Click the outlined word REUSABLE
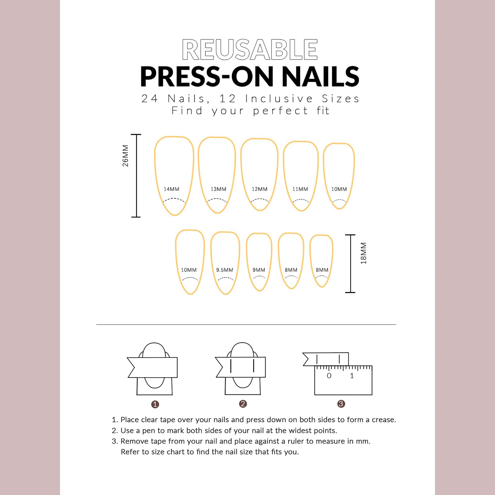click(x=250, y=49)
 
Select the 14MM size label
click(x=171, y=189)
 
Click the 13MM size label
click(x=218, y=189)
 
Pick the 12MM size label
click(x=260, y=189)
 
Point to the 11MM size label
click(x=300, y=189)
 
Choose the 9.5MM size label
click(x=225, y=270)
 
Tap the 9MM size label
click(x=259, y=270)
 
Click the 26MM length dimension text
click(x=125, y=156)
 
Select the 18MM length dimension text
click(x=364, y=253)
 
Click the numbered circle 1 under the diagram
click(x=155, y=404)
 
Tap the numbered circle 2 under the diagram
click(x=243, y=404)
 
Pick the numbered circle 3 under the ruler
click(x=341, y=404)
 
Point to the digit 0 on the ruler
click(x=329, y=376)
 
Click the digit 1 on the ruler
click(x=352, y=376)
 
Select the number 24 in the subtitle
click(x=150, y=99)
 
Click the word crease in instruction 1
click(x=384, y=420)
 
